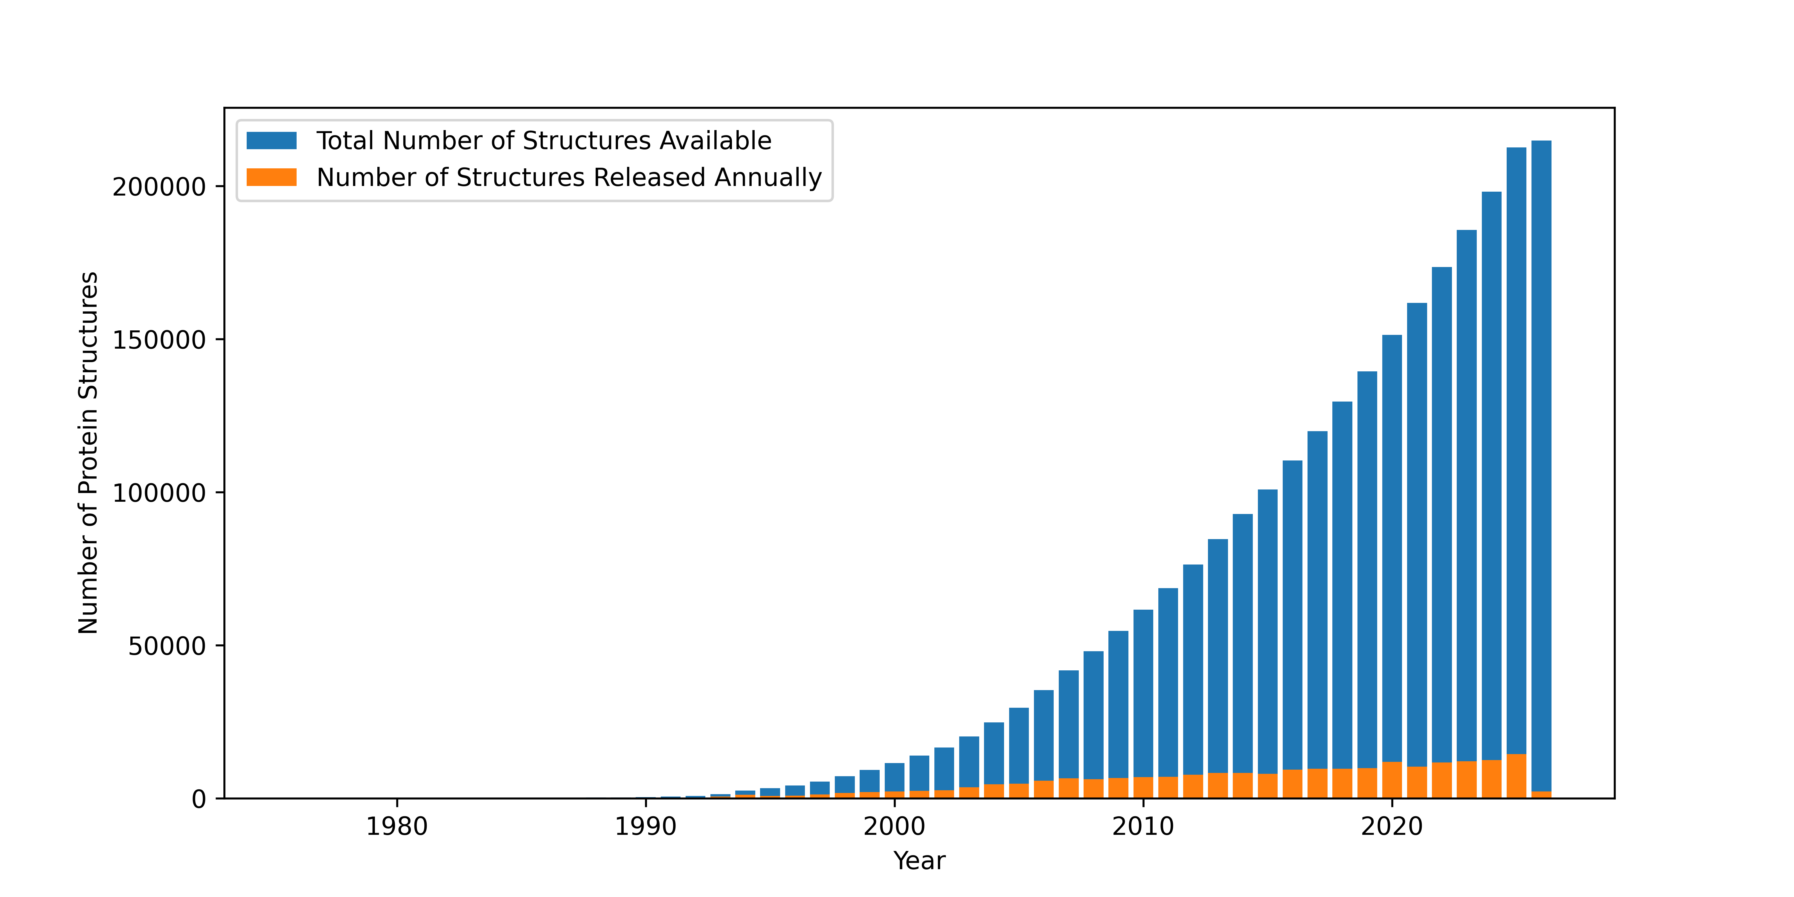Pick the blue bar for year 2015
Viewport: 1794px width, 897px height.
tap(1267, 627)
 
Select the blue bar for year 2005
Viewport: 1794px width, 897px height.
tap(1019, 745)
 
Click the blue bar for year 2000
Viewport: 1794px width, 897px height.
tap(894, 777)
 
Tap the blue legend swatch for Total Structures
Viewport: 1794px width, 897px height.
tap(271, 141)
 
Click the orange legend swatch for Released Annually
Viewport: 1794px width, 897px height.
tap(271, 178)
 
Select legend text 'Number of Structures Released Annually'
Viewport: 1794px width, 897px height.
tap(569, 178)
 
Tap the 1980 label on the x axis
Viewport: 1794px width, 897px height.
tap(397, 827)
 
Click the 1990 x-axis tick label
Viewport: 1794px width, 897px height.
tap(646, 827)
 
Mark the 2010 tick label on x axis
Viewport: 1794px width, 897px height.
tap(1143, 827)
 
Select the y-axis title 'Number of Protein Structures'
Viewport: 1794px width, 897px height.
tap(89, 453)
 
